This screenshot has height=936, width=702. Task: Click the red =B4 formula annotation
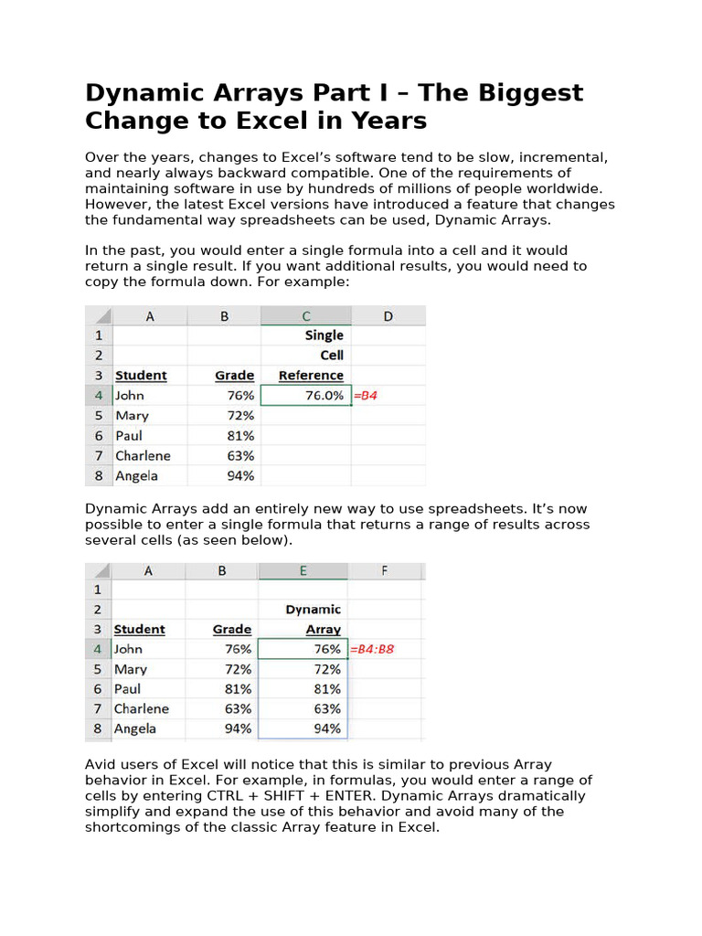pyautogui.click(x=366, y=396)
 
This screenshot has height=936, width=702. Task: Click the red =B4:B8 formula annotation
pyautogui.click(x=373, y=649)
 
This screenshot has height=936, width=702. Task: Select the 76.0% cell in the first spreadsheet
pyautogui.click(x=306, y=396)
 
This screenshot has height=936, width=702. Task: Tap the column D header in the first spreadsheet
pyautogui.click(x=388, y=316)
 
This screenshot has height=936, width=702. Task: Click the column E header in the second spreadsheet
pyautogui.click(x=303, y=570)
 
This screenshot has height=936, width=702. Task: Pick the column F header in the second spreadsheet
pyautogui.click(x=385, y=570)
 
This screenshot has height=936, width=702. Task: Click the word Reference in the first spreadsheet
pyautogui.click(x=311, y=376)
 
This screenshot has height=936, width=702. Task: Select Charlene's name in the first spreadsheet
pyautogui.click(x=144, y=455)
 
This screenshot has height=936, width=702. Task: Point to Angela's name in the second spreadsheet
pyautogui.click(x=135, y=729)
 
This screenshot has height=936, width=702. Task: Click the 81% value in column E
pyautogui.click(x=326, y=689)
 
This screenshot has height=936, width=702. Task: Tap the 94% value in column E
pyautogui.click(x=326, y=729)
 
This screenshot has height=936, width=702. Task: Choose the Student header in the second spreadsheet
pyautogui.click(x=140, y=629)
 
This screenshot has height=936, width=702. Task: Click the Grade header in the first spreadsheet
pyautogui.click(x=235, y=376)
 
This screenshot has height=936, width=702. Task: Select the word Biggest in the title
pyautogui.click(x=526, y=93)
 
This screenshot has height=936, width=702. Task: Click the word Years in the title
pyautogui.click(x=390, y=121)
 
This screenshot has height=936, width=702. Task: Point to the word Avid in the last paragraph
pyautogui.click(x=101, y=764)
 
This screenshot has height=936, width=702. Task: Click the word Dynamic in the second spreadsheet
pyautogui.click(x=313, y=609)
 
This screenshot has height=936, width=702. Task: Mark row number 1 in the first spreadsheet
pyautogui.click(x=98, y=335)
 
